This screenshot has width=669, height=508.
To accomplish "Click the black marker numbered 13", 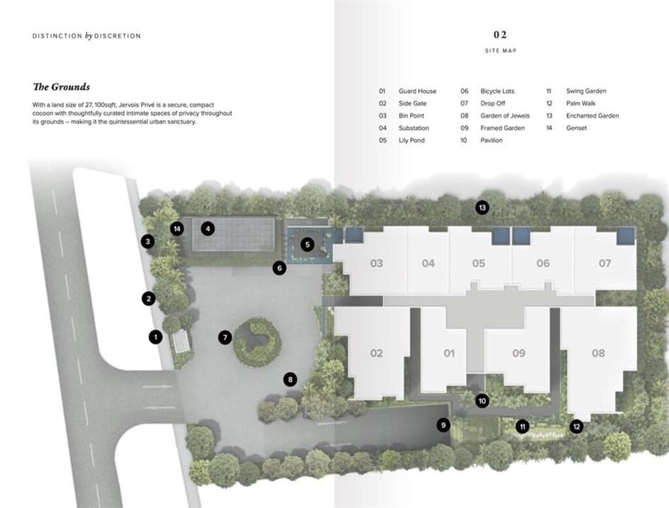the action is point(482,208).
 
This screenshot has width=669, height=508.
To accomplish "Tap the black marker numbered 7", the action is point(225,338).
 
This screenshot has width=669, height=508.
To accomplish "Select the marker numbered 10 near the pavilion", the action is point(482,401).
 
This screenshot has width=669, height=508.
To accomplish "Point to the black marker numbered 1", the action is point(156,337).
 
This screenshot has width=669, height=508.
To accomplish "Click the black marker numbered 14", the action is point(177,229).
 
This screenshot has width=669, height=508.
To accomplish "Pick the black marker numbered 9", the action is point(443,425).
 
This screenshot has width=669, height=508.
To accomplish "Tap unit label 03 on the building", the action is point(376,264).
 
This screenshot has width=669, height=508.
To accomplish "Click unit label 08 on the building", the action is point(598,354).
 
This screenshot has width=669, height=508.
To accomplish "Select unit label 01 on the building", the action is point(449,354).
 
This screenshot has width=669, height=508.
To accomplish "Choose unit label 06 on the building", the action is point(543,264).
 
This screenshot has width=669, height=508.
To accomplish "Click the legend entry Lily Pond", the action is point(411,140).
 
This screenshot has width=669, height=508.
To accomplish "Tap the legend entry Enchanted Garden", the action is point(592,115).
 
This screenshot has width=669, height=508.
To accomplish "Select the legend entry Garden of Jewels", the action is point(505,115).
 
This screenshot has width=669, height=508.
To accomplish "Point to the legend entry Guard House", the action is point(418,91).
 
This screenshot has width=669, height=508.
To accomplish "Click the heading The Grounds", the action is point(62,87).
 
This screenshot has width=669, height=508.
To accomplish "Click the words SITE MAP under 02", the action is point(500,51).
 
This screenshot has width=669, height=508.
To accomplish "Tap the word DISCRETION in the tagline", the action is point(117,36).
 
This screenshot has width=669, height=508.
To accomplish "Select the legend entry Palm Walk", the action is point(581,103).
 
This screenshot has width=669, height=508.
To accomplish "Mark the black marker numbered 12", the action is point(577,427).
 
